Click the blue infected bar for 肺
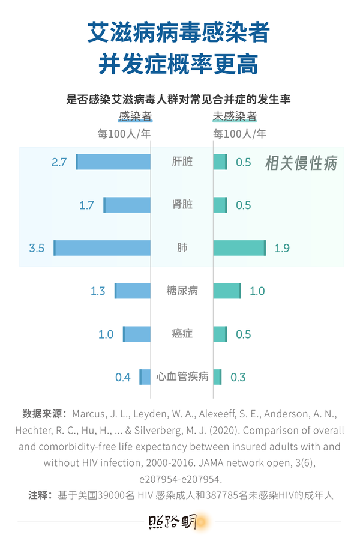coord(103,248)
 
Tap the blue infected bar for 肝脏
coord(113,162)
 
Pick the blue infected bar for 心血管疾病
coord(145,377)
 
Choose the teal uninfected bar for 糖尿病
coord(227,291)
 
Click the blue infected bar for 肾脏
coord(127,205)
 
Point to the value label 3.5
coord(37,248)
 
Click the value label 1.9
coord(282,248)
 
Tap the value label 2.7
coord(59,162)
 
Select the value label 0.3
coord(238,377)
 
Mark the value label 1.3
coord(97,291)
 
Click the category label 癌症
coord(182,334)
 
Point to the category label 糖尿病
coord(182,291)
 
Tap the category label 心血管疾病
coord(182,377)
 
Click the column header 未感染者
coord(235,116)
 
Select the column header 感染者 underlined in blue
coord(135,116)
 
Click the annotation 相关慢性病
coord(301,163)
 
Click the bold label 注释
coord(39,495)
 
